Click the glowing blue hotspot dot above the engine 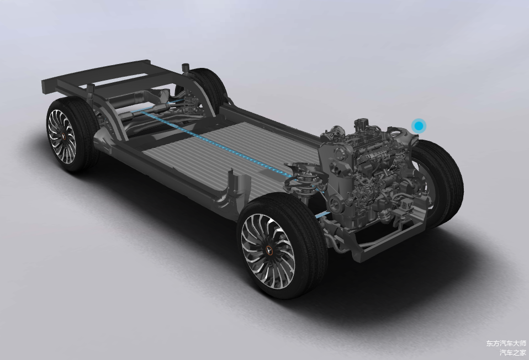(419, 126)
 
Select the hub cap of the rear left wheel (63, 136)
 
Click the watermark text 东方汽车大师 (506, 343)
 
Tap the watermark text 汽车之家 (513, 353)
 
